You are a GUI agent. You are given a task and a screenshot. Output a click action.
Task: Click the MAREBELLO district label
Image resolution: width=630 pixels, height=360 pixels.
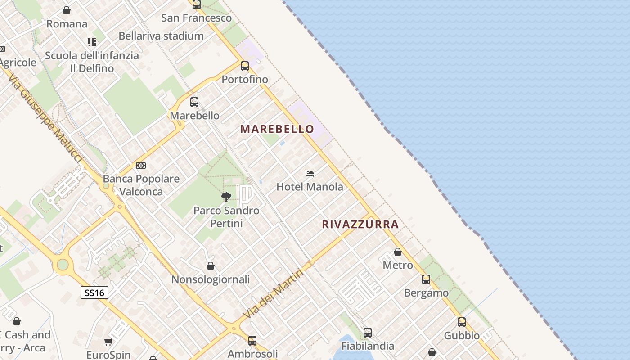(277, 129)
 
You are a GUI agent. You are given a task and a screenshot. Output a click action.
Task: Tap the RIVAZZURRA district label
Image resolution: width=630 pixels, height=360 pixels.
(360, 224)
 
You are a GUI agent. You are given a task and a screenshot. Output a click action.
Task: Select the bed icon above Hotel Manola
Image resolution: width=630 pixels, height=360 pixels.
(309, 174)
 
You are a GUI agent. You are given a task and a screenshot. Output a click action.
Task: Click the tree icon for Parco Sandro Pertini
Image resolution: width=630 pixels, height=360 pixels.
(226, 197)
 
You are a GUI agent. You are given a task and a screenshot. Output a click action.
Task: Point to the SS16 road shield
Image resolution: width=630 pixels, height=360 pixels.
(94, 293)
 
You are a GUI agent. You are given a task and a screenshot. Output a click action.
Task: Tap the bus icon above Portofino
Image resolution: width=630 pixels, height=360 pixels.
(245, 66)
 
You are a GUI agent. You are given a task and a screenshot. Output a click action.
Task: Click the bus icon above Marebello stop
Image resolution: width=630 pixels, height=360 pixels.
(194, 102)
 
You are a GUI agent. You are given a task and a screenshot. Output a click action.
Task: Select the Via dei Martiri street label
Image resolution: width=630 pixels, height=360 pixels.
(273, 293)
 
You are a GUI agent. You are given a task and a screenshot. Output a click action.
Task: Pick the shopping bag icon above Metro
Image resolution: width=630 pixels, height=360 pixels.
(398, 252)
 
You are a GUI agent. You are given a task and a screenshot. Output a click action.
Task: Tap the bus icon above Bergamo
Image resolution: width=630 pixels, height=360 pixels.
(426, 279)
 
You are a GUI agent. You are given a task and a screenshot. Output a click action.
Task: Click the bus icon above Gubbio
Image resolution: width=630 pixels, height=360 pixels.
(462, 322)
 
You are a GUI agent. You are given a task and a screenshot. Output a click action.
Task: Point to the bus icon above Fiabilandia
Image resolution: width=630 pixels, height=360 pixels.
(368, 333)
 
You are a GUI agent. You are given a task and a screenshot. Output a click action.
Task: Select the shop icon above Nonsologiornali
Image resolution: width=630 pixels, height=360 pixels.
(210, 266)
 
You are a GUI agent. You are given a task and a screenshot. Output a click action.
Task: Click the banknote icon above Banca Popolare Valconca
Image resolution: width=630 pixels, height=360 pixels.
(141, 166)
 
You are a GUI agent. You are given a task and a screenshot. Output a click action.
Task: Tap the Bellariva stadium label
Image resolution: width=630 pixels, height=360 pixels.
(161, 36)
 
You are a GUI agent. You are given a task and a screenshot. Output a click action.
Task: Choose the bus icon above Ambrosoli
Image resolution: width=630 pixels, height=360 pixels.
(252, 340)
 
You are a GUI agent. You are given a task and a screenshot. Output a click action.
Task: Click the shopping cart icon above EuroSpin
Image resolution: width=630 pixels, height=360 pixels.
(108, 342)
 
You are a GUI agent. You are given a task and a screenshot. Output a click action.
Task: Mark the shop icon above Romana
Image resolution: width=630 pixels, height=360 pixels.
(67, 10)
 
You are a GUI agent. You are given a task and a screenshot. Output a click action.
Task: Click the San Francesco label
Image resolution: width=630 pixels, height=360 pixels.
(196, 18)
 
